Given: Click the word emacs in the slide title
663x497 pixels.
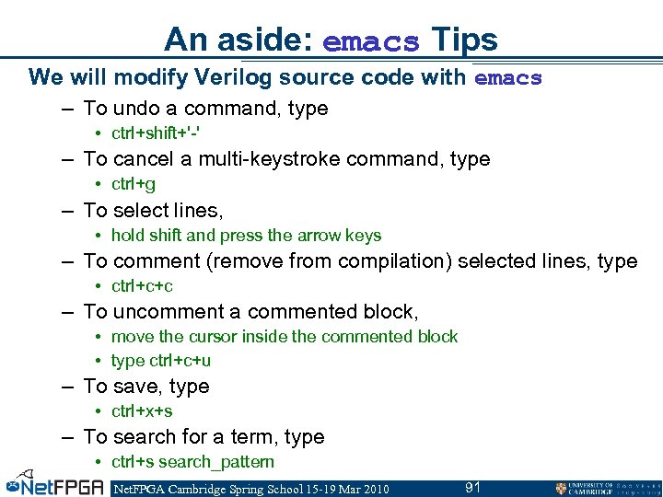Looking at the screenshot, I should coord(371,41).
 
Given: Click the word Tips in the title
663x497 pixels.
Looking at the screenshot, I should coord(464,40).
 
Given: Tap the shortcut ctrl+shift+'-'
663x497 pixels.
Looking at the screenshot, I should coord(156,133).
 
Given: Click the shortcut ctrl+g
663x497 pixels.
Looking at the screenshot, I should coord(134,184).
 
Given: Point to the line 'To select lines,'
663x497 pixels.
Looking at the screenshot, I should coord(153,210).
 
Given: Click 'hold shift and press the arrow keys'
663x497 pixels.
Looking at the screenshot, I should coord(246,236).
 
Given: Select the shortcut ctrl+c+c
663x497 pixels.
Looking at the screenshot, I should coord(142,286).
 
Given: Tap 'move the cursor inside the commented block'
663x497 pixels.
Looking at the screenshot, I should coord(284,337).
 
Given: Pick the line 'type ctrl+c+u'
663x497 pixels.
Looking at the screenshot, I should coord(160,361).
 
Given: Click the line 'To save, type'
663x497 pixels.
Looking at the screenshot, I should coord(146,387).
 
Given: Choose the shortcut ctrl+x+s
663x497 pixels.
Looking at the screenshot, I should coord(142,411).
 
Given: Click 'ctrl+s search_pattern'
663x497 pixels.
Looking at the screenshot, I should coord(192,462).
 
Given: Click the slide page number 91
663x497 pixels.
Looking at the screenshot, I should coord(472,488).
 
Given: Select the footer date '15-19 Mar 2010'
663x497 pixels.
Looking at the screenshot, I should coord(342,489).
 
